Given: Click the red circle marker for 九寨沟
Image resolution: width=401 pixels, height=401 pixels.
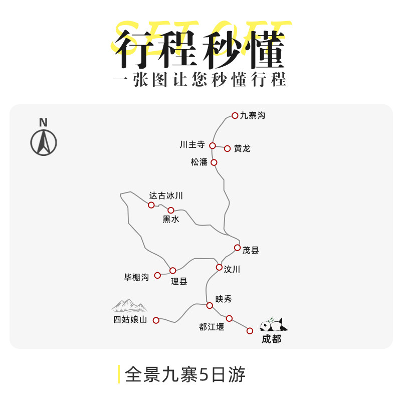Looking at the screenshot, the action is pyautogui.click(x=235, y=116).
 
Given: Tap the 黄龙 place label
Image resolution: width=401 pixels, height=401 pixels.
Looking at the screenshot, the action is pyautogui.click(x=242, y=148).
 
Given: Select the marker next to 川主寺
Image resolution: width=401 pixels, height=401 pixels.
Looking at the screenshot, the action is pyautogui.click(x=212, y=146).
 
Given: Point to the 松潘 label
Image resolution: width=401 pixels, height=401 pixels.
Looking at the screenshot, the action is pyautogui.click(x=199, y=162).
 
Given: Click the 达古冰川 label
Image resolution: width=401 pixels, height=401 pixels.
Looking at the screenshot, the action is pyautogui.click(x=166, y=195).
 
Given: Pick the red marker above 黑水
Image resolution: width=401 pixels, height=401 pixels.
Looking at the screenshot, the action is pyautogui.click(x=171, y=210).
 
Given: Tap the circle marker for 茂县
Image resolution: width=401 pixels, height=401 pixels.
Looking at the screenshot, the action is pyautogui.click(x=237, y=248).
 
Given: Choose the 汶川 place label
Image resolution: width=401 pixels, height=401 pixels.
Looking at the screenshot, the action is pyautogui.click(x=232, y=269).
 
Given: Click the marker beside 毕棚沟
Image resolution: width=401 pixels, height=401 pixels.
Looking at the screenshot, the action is pyautogui.click(x=157, y=275).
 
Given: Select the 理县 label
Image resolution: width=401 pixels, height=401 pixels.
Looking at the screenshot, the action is pyautogui.click(x=179, y=281).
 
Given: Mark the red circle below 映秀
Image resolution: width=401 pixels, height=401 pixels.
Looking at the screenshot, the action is pyautogui.click(x=210, y=305).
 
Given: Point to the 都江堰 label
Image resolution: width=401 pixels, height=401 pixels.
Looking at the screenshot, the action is pyautogui.click(x=212, y=327).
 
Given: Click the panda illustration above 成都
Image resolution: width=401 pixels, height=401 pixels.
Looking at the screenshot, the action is pyautogui.click(x=273, y=324).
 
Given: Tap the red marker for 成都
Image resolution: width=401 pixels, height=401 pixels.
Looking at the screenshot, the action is pyautogui.click(x=250, y=331).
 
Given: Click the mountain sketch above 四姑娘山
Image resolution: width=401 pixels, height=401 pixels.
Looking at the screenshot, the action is pyautogui.click(x=129, y=305).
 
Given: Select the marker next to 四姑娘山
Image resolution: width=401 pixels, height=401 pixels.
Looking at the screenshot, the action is pyautogui.click(x=156, y=320).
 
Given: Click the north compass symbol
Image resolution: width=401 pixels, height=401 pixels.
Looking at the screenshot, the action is pyautogui.click(x=44, y=142).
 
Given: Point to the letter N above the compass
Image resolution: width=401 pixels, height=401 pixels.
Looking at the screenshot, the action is pyautogui.click(x=44, y=122).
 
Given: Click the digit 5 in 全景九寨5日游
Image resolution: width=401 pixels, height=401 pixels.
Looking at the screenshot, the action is pyautogui.click(x=205, y=374).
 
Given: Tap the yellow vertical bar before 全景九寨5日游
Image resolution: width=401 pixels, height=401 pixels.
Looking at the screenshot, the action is pyautogui.click(x=119, y=374).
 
